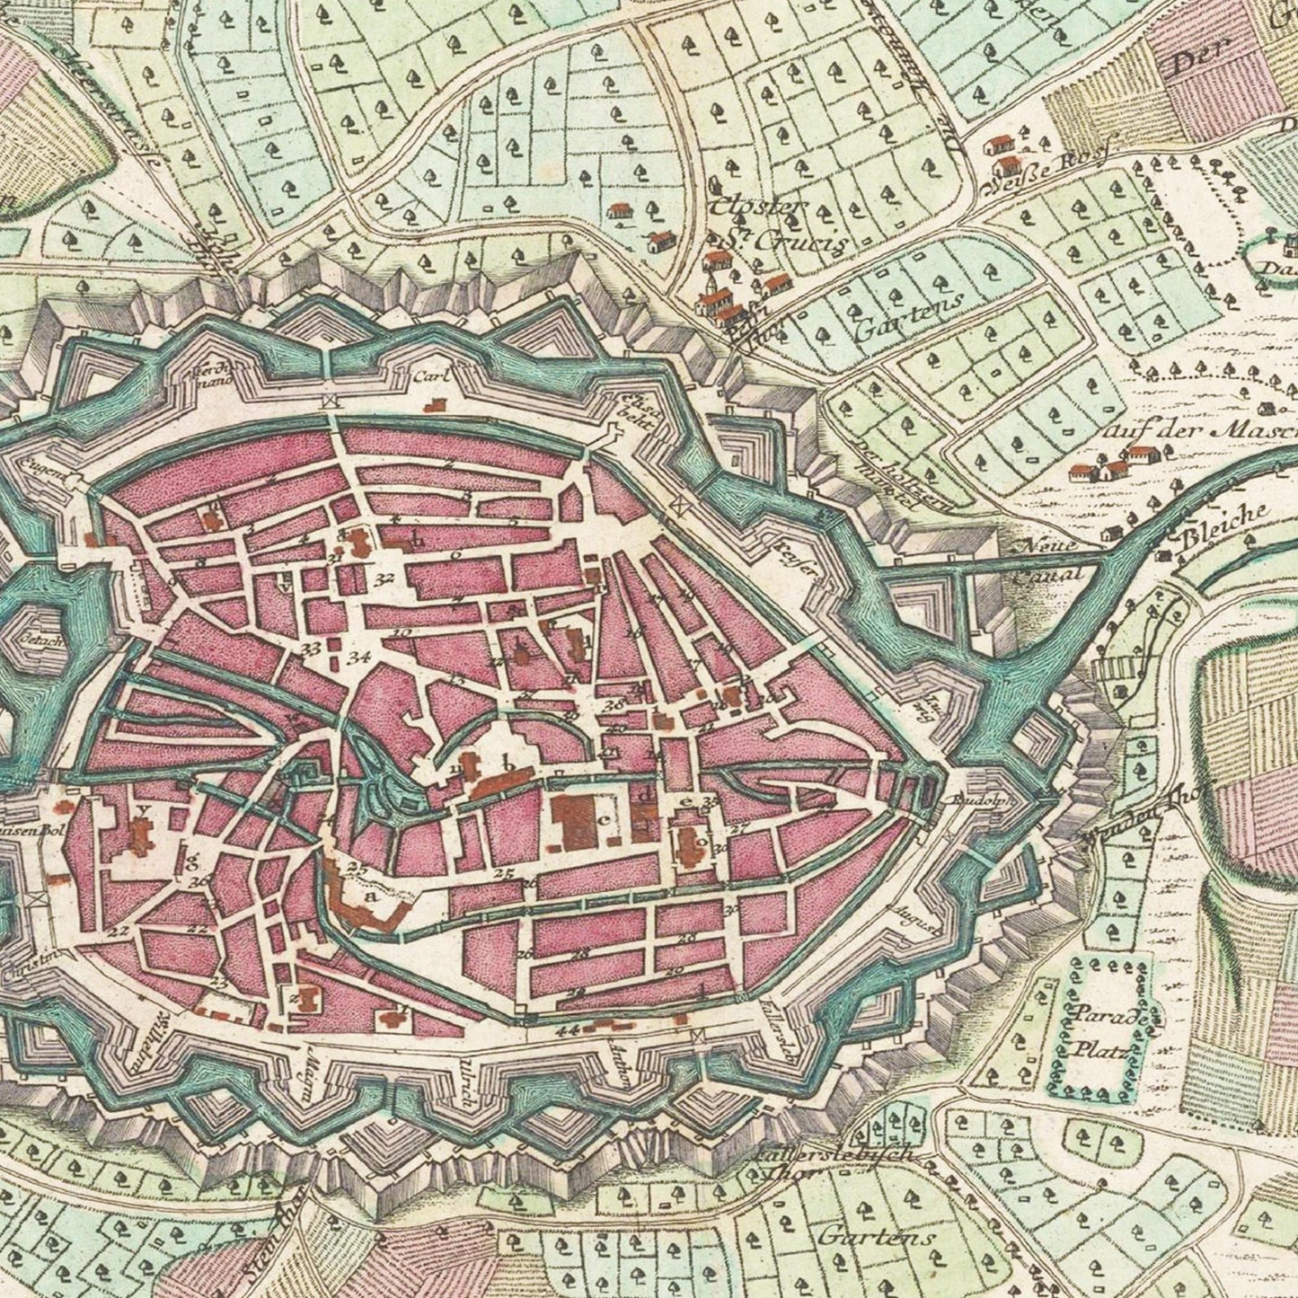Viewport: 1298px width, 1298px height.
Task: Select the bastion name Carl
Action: coord(429,377)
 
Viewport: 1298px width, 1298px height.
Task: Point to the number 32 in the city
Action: coord(386,578)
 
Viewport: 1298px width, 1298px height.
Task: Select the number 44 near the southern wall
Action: coord(568,1030)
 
